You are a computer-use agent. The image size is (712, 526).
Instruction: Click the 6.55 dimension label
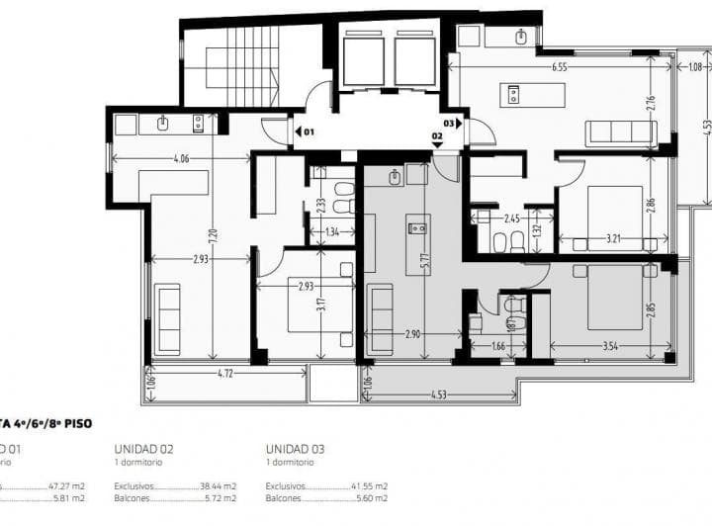(560, 67)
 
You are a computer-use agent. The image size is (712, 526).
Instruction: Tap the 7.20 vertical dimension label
(211, 233)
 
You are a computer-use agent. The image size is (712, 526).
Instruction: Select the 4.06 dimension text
(181, 157)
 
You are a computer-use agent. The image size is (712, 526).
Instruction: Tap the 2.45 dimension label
(511, 219)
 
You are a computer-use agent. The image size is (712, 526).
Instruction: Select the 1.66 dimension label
(497, 346)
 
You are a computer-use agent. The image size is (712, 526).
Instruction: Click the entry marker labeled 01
(305, 131)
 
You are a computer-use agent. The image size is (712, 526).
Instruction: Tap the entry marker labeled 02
(436, 138)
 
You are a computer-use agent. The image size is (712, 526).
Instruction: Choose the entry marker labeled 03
(453, 124)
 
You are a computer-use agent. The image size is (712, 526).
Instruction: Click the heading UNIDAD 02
(143, 448)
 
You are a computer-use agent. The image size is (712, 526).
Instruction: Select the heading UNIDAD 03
(295, 448)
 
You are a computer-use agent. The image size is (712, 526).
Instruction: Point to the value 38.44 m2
(218, 486)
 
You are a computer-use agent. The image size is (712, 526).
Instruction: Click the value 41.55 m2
(369, 486)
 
